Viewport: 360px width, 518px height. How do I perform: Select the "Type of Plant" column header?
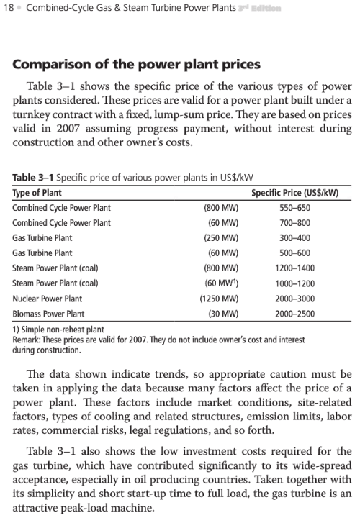coord(37,193)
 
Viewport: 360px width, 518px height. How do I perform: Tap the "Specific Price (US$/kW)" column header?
coord(294,193)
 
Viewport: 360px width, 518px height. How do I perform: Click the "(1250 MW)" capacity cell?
coord(220,299)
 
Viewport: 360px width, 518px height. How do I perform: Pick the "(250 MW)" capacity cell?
coord(221,238)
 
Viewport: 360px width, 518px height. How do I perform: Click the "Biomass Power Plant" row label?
coord(48,314)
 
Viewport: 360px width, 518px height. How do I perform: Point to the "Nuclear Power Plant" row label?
coord(48,299)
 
